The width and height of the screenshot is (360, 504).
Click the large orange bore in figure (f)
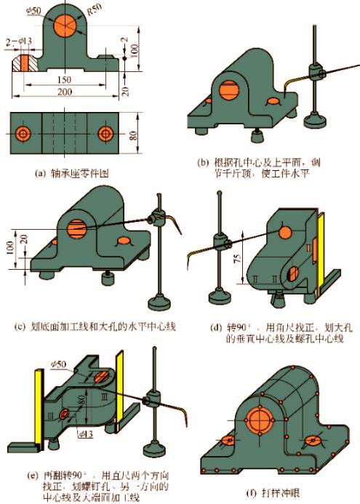(255, 421)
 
